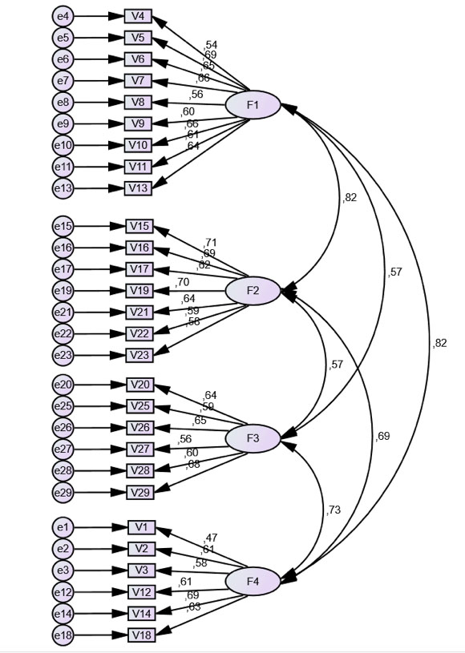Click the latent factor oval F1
tap(253, 105)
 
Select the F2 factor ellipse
tap(253, 291)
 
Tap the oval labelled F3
tap(253, 438)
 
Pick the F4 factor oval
tap(253, 580)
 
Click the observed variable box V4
tap(138, 16)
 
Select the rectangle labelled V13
tap(138, 188)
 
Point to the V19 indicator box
tap(139, 290)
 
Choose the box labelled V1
tap(141, 527)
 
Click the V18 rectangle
tap(141, 635)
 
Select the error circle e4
tap(63, 16)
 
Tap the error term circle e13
tap(63, 188)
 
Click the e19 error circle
tap(63, 290)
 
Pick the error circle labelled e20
tap(63, 385)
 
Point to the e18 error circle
tap(63, 635)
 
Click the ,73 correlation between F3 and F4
tap(334, 510)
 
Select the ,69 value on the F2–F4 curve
tap(382, 437)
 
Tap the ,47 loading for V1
tap(211, 538)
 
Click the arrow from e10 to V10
tap(99, 145)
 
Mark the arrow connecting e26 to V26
tap(99, 428)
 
